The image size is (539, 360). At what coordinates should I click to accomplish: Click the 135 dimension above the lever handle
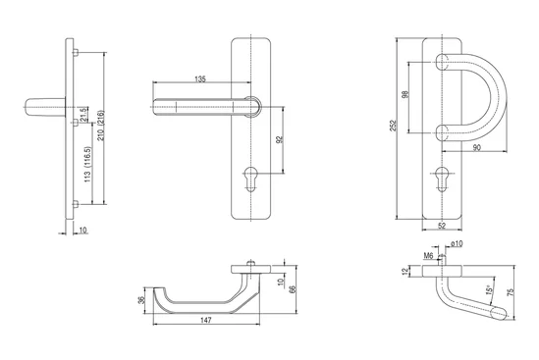pos(200,79)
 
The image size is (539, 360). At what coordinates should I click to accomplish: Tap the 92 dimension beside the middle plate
pos(279,139)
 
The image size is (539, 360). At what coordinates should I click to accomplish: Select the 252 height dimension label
pos(393,126)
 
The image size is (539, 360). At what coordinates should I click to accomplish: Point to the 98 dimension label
pos(404,95)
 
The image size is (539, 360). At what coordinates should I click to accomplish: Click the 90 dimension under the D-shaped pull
pos(477,147)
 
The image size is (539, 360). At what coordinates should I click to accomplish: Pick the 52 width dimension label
pos(442,226)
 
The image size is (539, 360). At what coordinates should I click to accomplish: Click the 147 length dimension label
pos(205,320)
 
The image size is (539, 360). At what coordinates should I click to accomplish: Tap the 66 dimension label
pos(293,289)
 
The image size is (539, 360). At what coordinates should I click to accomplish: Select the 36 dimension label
pos(141,300)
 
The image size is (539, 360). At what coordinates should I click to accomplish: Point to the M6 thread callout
pos(428,256)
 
